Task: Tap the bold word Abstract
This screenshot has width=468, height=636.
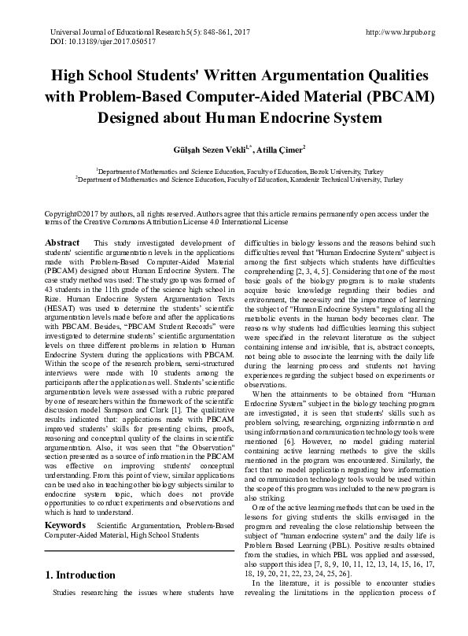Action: pyautogui.click(x=62, y=242)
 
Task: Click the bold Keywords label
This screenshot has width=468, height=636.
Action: pyautogui.click(x=65, y=524)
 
